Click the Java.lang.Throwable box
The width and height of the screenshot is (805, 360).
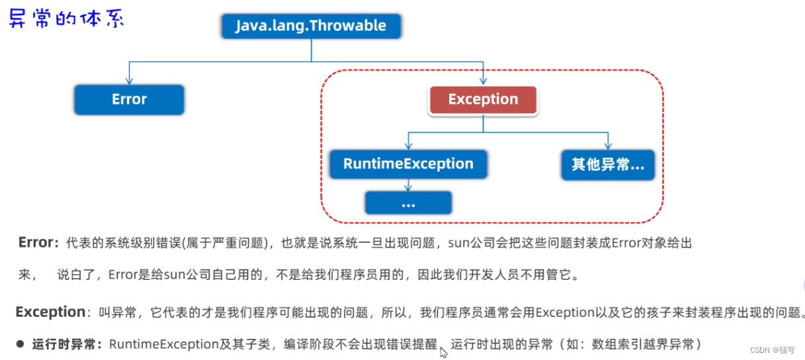point(310,26)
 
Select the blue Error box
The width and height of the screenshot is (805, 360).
point(129,99)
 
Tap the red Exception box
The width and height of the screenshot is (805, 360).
point(483,99)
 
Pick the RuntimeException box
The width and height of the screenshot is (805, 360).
point(408,164)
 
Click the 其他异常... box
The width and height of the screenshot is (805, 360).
point(607,164)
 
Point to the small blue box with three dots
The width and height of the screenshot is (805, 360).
point(408,203)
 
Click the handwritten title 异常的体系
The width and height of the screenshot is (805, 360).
point(65,18)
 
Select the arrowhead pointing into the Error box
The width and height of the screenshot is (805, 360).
point(129,80)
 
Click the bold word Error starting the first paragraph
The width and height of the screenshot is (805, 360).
point(36,243)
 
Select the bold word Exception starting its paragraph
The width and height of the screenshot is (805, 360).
point(51,312)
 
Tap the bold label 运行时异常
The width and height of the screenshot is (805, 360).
point(66,344)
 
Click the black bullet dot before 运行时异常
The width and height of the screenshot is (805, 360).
point(20,344)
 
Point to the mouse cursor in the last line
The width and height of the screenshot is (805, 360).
point(443,352)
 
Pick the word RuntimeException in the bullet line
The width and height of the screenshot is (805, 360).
point(163,344)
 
